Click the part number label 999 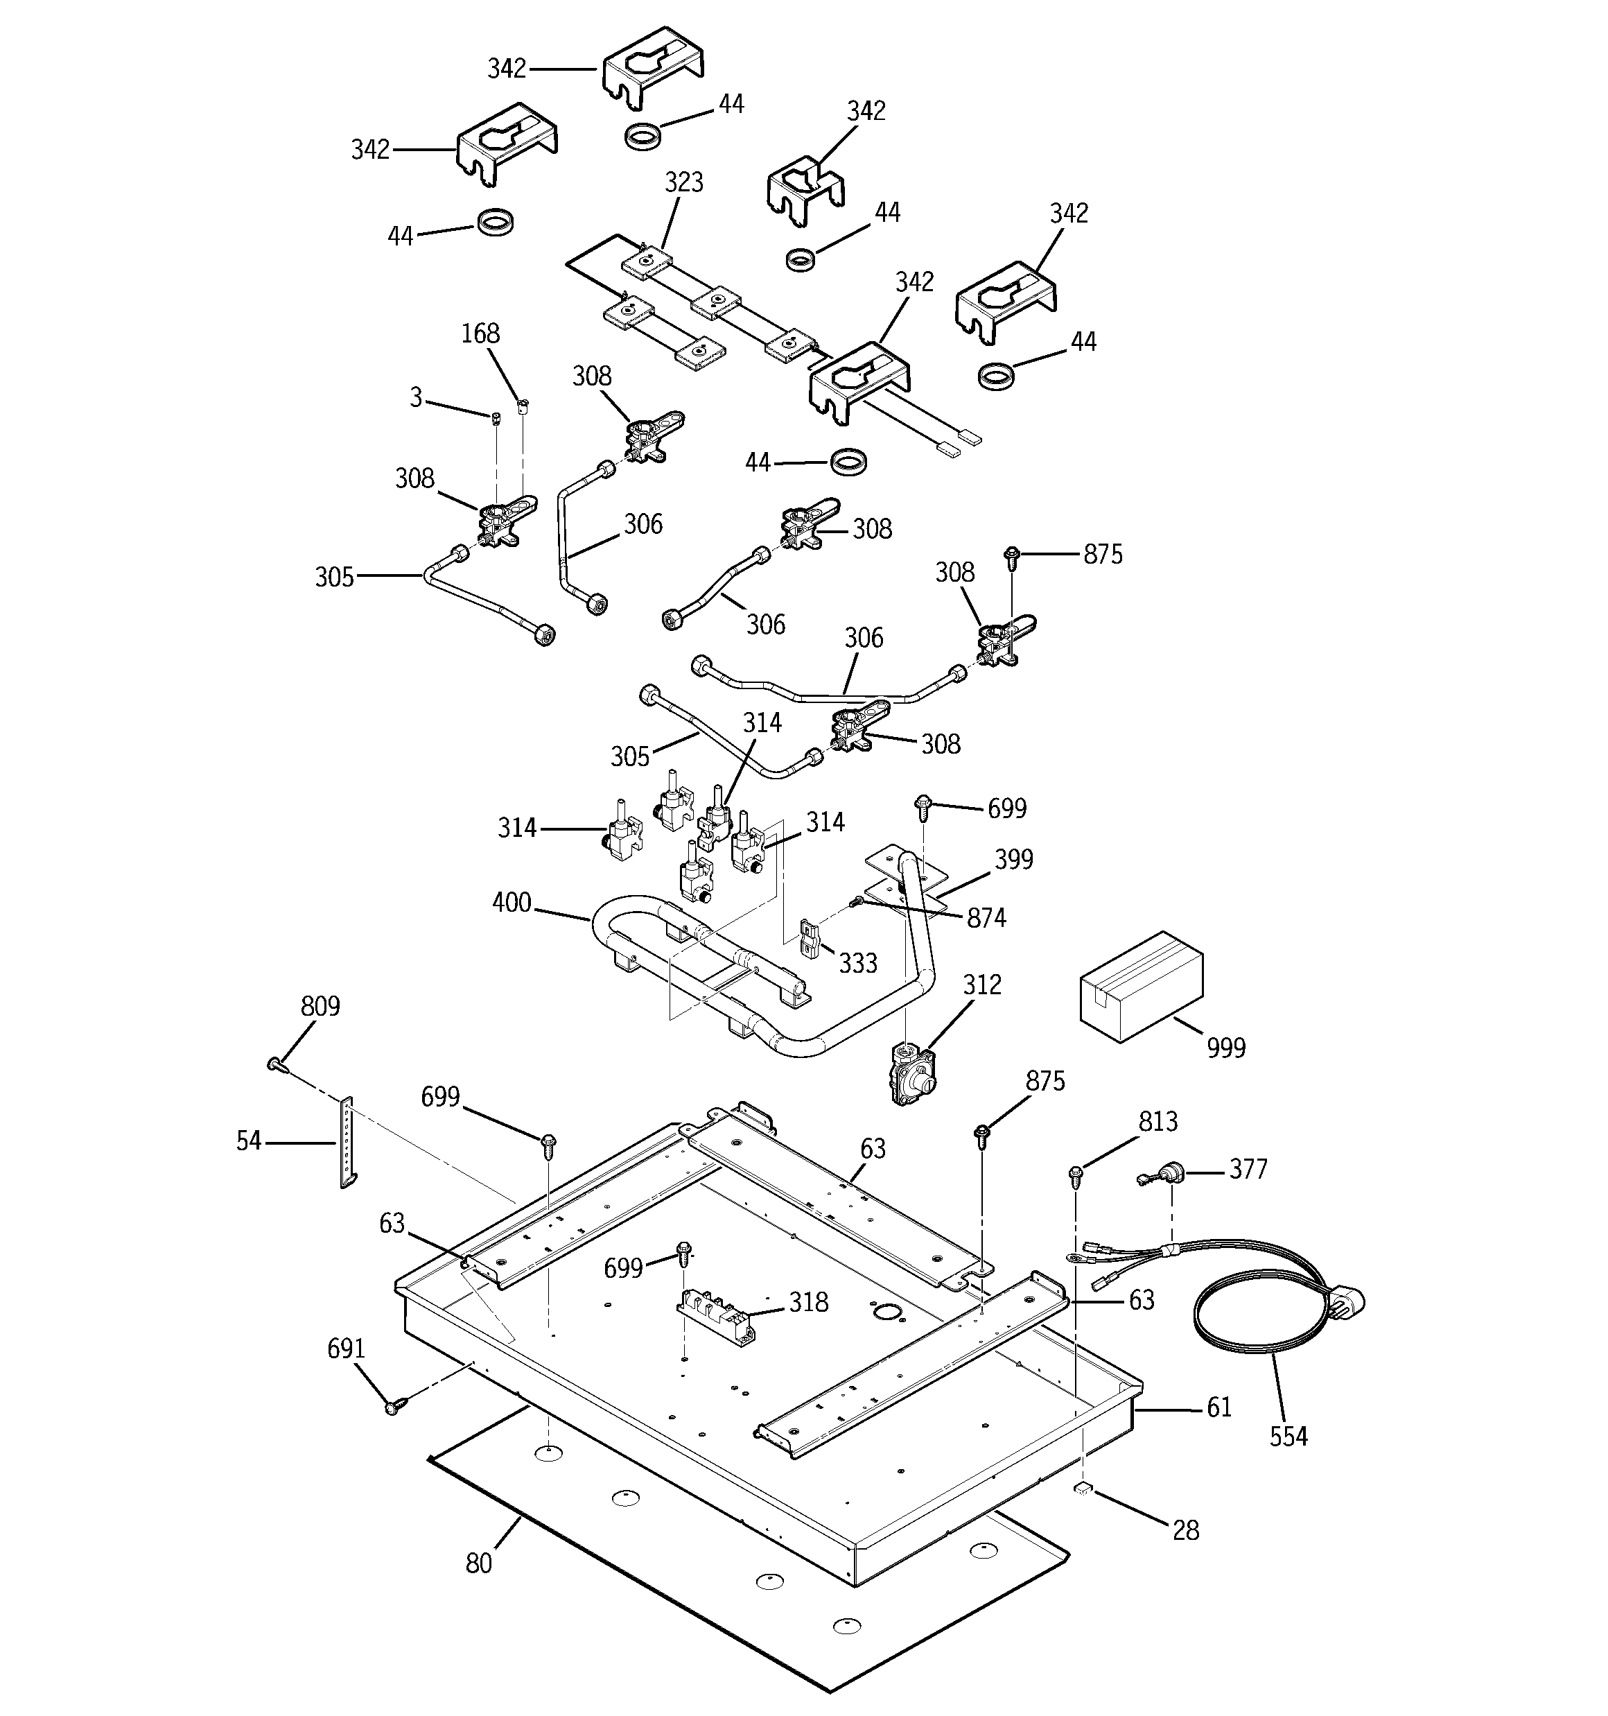1225,1048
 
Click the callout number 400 512,903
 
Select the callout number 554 1288,1437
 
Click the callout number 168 480,334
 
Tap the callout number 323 683,183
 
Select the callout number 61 1218,1408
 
